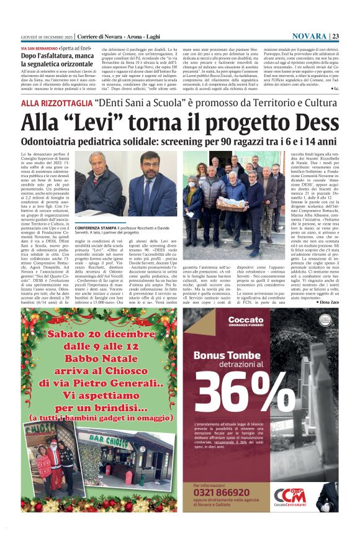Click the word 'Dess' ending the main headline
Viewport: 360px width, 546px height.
click(x=317, y=122)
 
